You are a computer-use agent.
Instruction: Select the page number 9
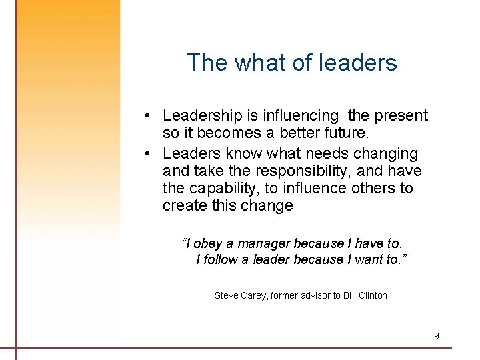point(437,336)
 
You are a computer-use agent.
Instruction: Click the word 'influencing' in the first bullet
point(301,116)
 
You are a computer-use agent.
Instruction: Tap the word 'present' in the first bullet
point(401,116)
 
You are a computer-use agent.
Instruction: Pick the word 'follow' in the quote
point(221,259)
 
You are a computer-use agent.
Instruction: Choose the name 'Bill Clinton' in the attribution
point(365,295)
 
